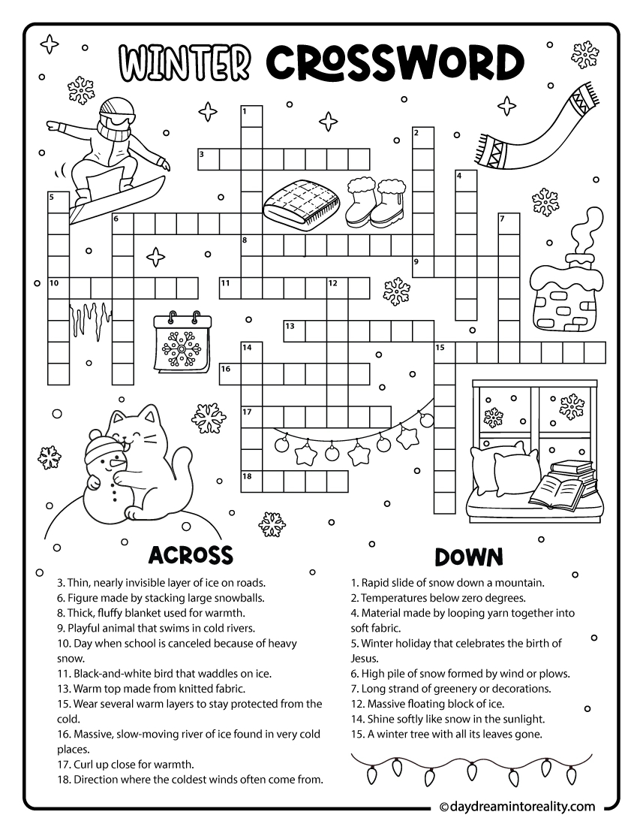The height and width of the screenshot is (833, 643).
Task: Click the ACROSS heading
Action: point(190,555)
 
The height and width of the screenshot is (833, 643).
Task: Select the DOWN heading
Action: point(469,557)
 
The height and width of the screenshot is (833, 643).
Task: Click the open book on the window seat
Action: point(556,491)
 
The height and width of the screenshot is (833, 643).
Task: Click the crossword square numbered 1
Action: point(251,116)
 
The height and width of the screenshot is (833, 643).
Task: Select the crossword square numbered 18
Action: point(251,481)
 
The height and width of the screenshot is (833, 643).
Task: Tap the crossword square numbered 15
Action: point(446,352)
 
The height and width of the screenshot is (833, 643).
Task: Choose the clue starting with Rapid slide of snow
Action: point(448,582)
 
